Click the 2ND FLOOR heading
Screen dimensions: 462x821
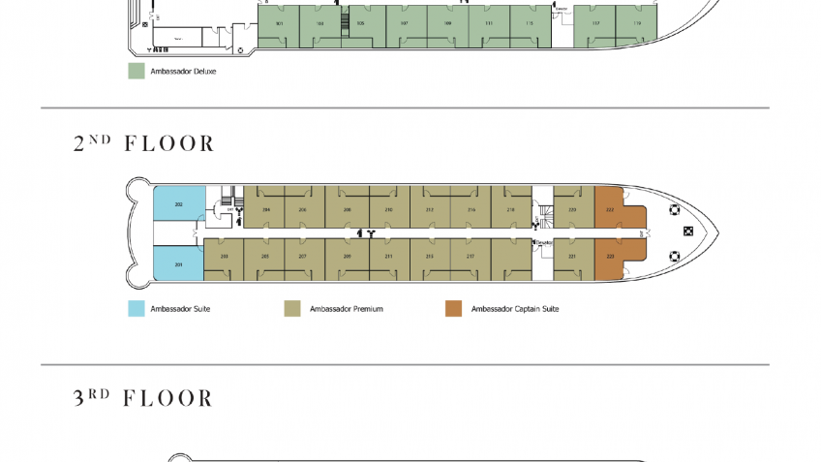143,143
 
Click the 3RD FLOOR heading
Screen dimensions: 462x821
142,398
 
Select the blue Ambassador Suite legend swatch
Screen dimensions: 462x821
137,309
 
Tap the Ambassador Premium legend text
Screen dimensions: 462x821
346,309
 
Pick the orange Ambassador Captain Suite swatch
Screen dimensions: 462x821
453,309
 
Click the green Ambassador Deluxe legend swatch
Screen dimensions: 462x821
137,71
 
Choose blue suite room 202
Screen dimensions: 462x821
178,205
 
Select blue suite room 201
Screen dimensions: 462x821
178,263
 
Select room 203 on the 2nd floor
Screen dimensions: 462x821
224,258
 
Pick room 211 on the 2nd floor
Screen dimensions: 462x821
388,258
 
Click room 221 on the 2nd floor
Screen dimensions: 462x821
572,258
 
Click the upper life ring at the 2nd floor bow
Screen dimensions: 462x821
675,209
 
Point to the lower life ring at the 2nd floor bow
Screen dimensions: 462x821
675,256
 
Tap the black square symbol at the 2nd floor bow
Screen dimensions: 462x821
688,231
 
